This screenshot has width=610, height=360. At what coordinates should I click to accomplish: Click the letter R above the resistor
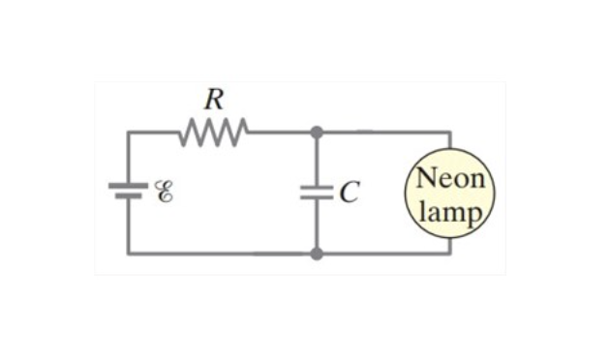click(214, 99)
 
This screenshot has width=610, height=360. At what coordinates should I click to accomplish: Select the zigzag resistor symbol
click(214, 133)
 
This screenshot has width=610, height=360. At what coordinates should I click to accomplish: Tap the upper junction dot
click(317, 133)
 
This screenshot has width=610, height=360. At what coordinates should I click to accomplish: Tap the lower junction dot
click(317, 254)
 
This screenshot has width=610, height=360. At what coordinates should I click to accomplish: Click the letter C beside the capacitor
click(349, 192)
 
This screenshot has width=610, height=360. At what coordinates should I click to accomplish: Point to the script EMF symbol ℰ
click(165, 192)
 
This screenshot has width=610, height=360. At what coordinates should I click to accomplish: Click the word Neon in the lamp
click(450, 178)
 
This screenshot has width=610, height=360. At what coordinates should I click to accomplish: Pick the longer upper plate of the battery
click(128, 186)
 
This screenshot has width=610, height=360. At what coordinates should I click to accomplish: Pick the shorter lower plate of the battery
click(128, 195)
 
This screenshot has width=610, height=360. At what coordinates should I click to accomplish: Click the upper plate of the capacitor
click(317, 188)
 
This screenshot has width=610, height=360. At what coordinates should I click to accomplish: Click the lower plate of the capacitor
click(317, 197)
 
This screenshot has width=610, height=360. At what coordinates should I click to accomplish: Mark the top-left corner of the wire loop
click(129, 133)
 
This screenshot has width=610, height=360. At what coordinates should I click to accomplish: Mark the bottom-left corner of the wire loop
click(129, 254)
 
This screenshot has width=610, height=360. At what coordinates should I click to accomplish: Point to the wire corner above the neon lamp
click(450, 133)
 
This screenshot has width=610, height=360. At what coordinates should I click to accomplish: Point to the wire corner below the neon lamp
click(450, 254)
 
